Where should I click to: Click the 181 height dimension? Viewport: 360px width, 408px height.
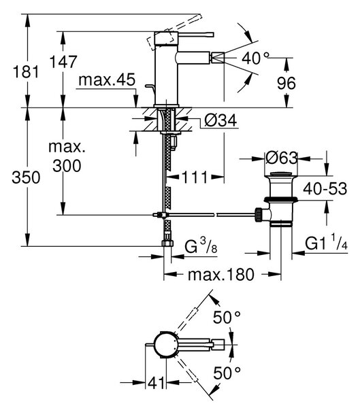(26, 71)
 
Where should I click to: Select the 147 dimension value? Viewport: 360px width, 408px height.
(63, 62)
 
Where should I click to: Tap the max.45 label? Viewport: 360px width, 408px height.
(107, 80)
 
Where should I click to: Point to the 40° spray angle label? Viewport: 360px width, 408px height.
(255, 58)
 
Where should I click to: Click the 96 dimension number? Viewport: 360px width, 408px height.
(287, 83)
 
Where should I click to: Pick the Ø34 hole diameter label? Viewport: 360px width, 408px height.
(221, 120)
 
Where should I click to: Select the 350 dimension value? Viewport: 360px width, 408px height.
(26, 177)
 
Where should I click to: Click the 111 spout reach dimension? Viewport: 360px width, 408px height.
(195, 177)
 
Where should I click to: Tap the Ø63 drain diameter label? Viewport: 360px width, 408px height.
(282, 158)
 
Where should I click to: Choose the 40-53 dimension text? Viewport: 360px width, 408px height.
(325, 188)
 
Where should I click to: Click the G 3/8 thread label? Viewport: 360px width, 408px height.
(201, 246)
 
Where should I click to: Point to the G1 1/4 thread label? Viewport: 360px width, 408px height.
(326, 242)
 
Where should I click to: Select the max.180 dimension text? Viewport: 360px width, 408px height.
(221, 274)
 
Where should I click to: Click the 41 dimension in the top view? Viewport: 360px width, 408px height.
(157, 382)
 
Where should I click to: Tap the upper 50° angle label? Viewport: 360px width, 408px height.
(227, 317)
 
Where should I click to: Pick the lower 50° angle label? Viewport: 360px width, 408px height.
(227, 373)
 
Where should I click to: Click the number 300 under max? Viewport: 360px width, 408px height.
(67, 165)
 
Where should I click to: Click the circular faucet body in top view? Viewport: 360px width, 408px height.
(165, 345)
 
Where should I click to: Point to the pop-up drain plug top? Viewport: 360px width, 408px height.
(280, 174)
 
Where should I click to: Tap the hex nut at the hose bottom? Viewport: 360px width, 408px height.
(167, 243)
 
